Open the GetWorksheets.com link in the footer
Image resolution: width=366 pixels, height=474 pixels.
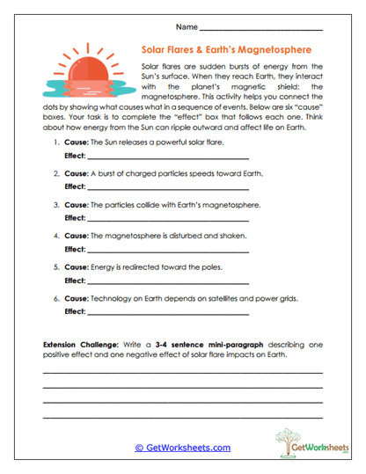pos(182,448)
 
